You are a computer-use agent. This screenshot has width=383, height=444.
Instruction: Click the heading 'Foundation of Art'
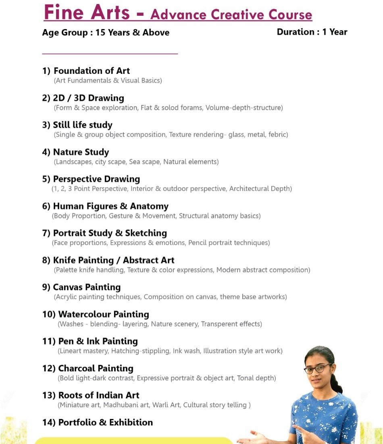coord(92,71)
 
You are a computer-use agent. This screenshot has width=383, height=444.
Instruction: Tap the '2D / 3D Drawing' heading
coord(88,98)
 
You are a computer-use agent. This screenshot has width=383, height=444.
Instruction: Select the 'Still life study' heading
coord(83,125)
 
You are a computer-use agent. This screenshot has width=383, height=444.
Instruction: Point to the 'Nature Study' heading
coord(81,152)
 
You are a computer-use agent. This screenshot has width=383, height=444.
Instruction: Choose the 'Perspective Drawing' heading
coord(96,179)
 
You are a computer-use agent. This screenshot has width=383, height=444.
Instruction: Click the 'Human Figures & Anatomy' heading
coord(110,206)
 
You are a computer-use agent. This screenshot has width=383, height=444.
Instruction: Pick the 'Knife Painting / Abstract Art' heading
coord(114,260)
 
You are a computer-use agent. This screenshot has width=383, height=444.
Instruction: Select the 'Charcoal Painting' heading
coord(96,368)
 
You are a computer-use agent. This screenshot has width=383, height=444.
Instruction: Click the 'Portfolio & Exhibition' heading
coord(106,422)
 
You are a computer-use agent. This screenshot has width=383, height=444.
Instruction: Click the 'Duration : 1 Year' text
coord(312,32)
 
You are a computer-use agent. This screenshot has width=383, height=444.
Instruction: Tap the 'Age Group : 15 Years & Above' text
coord(106,33)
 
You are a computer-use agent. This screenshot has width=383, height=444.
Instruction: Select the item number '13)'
coord(49,395)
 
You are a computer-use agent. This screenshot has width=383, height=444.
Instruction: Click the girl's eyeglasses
coord(317,369)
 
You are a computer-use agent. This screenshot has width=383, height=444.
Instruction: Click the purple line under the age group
coord(110,53)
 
